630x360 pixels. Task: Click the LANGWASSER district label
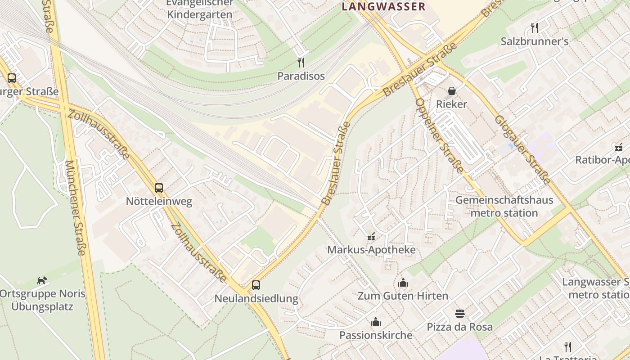pos(383,6)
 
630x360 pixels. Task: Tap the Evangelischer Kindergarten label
pos(200,9)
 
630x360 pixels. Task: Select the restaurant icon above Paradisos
pos(301,62)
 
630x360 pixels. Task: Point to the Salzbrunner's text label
pos(535,41)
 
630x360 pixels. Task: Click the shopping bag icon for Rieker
pos(452,91)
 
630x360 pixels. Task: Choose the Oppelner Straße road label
pos(438,135)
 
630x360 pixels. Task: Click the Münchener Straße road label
pos(75,207)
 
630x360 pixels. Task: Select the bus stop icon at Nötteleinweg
pos(159,188)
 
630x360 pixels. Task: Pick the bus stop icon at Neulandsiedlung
pos(256,285)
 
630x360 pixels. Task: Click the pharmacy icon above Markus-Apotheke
pos(371,236)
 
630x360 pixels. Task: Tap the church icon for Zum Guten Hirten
pos(403,283)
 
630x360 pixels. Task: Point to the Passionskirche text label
pos(376,335)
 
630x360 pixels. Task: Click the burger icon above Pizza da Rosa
pos(459,313)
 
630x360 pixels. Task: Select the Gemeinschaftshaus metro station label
pos(504,206)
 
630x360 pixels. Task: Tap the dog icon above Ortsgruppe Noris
pos(42,280)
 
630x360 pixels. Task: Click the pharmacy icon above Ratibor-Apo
pos(619,147)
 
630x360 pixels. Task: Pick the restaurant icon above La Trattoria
pos(568,346)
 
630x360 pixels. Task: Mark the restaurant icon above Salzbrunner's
pos(535,28)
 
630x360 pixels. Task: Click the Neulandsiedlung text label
pos(256,298)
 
